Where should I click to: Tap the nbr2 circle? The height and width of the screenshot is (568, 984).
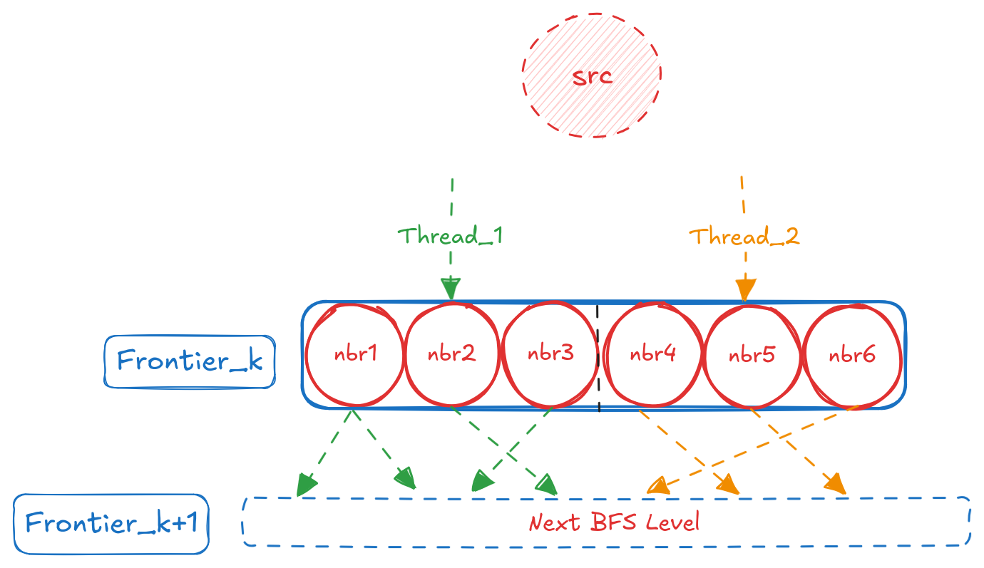click(452, 355)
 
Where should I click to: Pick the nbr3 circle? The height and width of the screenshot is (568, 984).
click(550, 355)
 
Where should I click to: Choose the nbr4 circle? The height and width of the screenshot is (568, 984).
click(652, 355)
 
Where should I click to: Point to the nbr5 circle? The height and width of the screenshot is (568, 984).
click(752, 355)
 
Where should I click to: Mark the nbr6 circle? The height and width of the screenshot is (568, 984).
click(851, 355)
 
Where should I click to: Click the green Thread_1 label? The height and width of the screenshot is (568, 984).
click(450, 235)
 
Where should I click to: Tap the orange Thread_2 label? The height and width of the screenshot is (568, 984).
click(744, 236)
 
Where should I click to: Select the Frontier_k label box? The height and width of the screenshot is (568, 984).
click(190, 361)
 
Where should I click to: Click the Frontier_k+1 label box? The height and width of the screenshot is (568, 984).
click(111, 524)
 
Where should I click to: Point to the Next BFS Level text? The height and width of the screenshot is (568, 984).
click(614, 522)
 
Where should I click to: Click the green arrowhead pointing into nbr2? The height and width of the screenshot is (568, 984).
click(450, 289)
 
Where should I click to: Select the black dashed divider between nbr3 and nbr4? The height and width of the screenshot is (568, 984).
click(598, 356)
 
